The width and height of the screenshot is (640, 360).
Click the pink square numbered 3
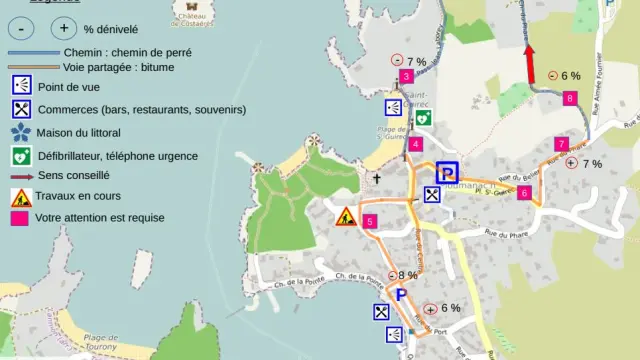click(x=405, y=77)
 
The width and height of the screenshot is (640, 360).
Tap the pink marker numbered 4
click(x=415, y=144)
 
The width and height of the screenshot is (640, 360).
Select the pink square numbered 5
click(x=370, y=221)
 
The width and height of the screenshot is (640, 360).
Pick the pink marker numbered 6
click(x=523, y=193)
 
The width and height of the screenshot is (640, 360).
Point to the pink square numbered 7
click(x=561, y=144)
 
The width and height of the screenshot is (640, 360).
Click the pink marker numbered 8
click(x=569, y=98)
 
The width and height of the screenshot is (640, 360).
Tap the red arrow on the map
click(x=530, y=64)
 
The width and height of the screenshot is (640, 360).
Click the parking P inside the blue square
click(x=447, y=173)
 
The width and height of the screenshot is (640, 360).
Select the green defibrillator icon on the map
click(x=423, y=116)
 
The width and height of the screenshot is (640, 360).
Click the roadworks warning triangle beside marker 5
click(x=346, y=215)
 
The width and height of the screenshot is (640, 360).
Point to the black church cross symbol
click(x=377, y=180)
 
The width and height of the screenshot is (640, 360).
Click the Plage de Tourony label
click(x=102, y=342)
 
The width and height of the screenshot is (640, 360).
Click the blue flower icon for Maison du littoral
click(x=20, y=132)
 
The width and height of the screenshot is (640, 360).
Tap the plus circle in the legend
click(x=64, y=29)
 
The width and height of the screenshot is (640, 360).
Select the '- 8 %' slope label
click(x=404, y=276)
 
